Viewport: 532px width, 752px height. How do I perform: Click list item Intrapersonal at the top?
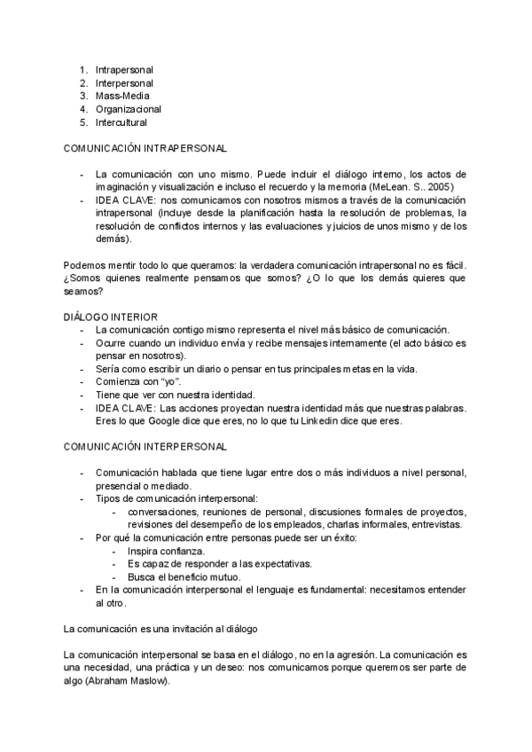pyautogui.click(x=124, y=68)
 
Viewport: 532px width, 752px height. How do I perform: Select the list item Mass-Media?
pyautogui.click(x=122, y=96)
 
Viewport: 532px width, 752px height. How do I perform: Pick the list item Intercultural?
pyautogui.click(x=121, y=122)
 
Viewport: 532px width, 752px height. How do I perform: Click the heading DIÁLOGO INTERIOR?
pyautogui.click(x=111, y=317)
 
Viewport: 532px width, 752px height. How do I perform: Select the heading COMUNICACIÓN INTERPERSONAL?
pyautogui.click(x=145, y=447)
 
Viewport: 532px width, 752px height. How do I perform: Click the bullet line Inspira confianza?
pyautogui.click(x=166, y=551)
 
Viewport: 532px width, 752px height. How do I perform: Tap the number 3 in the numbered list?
pyautogui.click(x=82, y=96)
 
